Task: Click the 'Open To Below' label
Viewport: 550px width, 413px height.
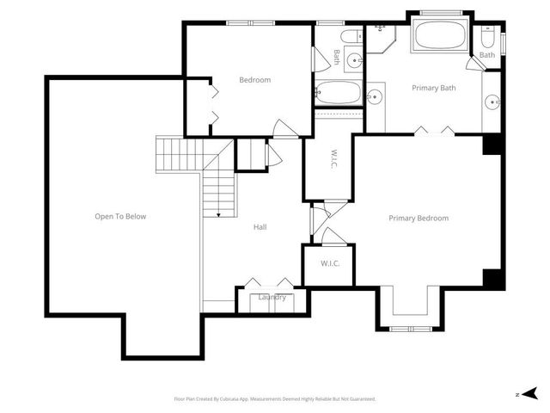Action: coord(120,217)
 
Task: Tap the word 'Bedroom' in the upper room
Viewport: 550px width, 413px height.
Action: coord(254,80)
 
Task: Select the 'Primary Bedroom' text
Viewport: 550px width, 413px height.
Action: coord(419,218)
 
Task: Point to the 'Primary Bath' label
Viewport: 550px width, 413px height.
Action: coord(434,88)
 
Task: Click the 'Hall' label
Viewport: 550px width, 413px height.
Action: coord(260,227)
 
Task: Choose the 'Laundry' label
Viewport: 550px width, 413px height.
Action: coord(272,298)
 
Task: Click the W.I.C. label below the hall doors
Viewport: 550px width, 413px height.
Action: coord(330,263)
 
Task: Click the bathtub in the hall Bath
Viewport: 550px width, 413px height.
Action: coord(336,92)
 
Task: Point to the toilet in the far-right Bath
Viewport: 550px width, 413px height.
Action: coord(487,38)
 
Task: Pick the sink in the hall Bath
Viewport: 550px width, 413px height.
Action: coord(375,96)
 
